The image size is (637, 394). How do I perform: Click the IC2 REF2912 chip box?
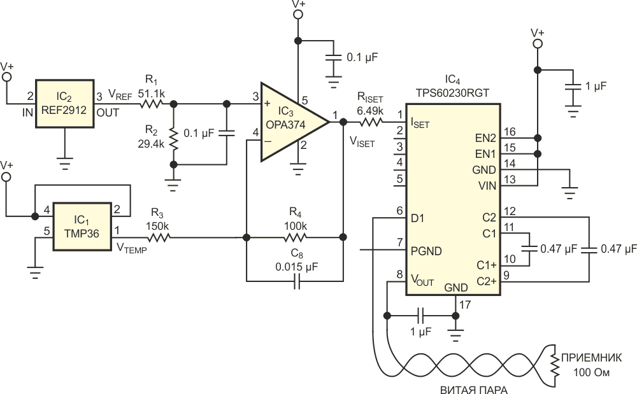pyautogui.click(x=65, y=104)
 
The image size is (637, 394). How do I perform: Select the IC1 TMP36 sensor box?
pyautogui.click(x=82, y=222)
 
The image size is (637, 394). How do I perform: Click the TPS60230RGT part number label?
pyautogui.click(x=452, y=92)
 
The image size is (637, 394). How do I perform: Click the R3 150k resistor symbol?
pyautogui.click(x=157, y=238)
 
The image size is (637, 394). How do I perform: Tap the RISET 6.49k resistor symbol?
pyautogui.click(x=371, y=121)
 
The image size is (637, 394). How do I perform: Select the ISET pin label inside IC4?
pyautogui.click(x=421, y=121)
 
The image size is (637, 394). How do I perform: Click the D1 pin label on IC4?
pyautogui.click(x=418, y=218)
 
